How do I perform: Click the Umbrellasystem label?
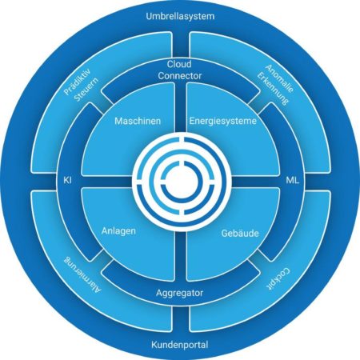tap(180, 16)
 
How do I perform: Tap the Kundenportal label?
tap(180, 345)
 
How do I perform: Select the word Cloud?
tap(179, 64)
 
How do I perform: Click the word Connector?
tap(180, 76)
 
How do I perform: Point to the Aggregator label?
tap(179, 293)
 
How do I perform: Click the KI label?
tap(68, 180)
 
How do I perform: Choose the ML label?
tap(293, 181)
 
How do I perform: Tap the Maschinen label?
tap(138, 121)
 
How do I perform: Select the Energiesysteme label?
tap(223, 121)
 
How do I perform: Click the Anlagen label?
tap(118, 230)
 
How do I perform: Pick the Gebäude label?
tap(240, 234)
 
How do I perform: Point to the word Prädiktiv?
tap(78, 82)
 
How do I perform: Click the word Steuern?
tap(86, 90)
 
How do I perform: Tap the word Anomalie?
tap(280, 78)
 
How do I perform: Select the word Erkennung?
tap(273, 88)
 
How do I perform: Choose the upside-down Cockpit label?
tap(278, 279)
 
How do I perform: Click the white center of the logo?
tap(181, 181)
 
